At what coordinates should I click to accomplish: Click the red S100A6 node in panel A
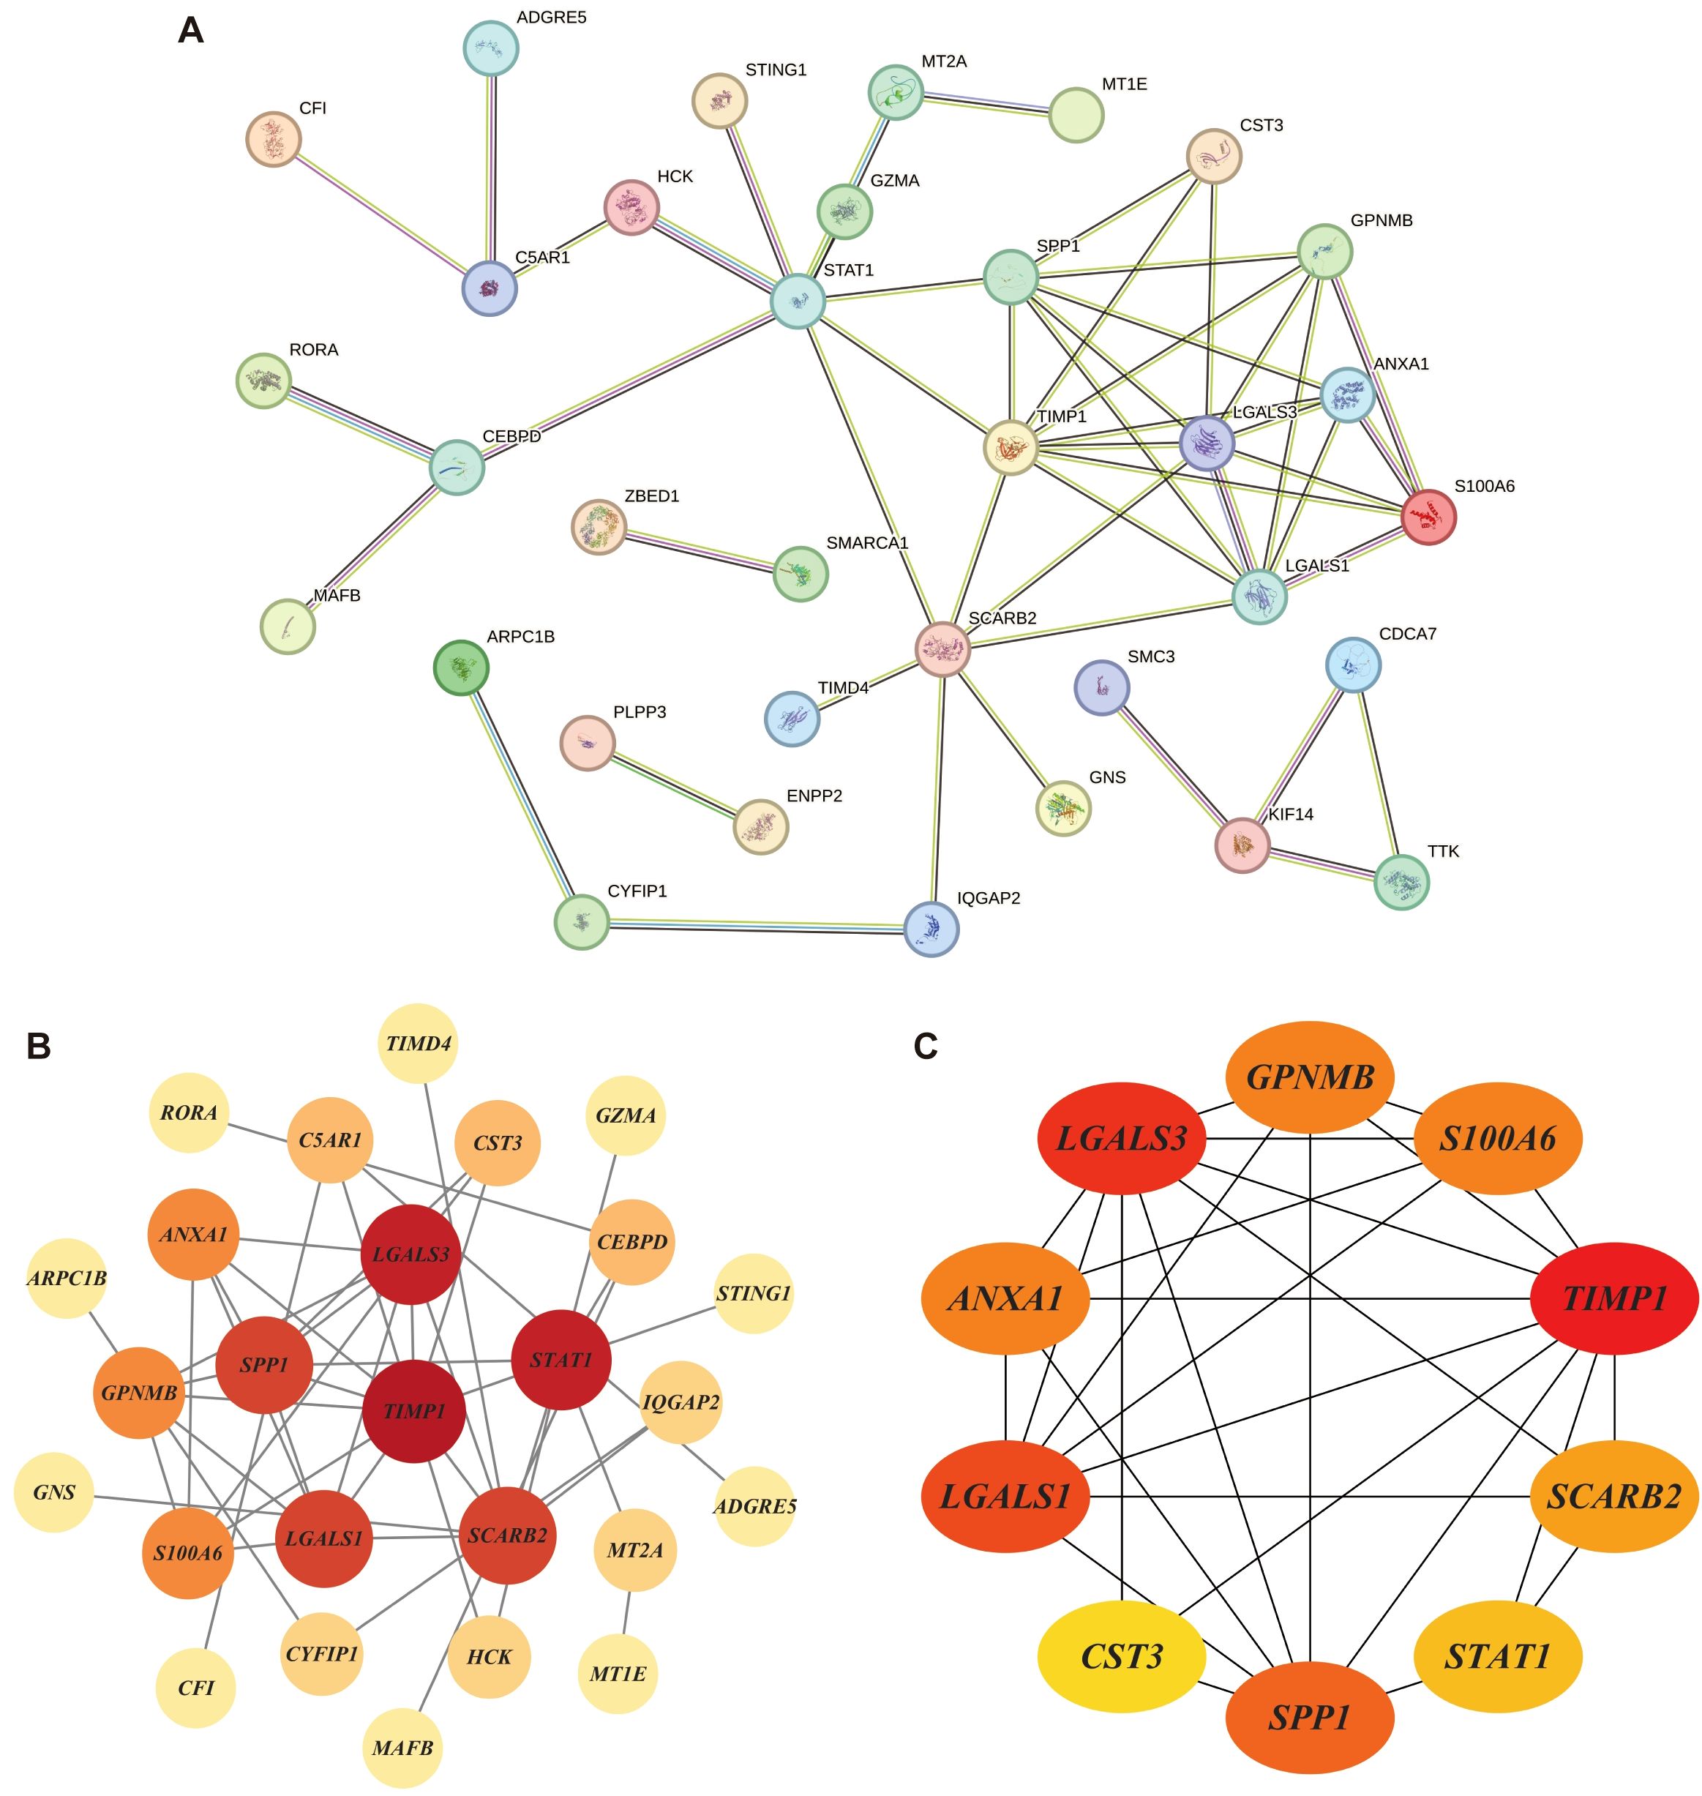1428,517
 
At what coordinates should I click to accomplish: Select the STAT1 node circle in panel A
798,302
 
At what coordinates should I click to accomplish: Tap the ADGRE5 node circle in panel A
491,48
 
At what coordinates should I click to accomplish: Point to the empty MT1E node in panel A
1076,115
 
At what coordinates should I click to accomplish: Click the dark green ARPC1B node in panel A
461,668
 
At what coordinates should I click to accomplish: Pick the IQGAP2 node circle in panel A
931,929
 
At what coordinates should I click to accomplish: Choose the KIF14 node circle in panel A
1241,845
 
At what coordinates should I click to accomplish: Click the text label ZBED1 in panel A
651,496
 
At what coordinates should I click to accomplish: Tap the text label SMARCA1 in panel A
866,543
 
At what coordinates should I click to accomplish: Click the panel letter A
190,31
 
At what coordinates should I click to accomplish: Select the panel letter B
38,1047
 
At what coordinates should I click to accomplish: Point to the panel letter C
926,1047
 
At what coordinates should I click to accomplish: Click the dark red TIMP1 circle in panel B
413,1410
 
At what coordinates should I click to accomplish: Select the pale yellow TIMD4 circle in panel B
417,1044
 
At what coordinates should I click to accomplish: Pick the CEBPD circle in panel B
632,1241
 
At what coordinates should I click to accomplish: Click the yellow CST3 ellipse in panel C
1121,1656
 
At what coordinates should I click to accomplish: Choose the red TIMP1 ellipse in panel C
1614,1298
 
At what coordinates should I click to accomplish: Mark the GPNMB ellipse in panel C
1309,1077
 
